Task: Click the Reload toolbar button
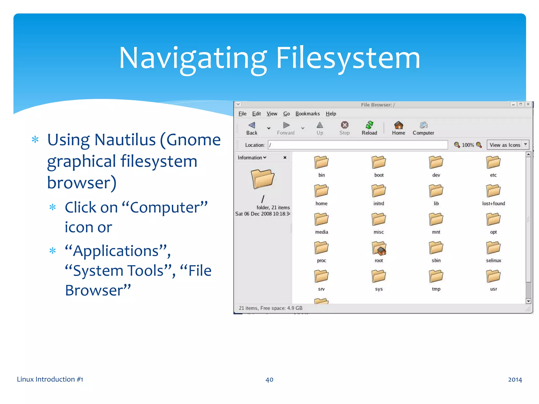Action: pos(369,128)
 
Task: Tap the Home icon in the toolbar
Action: pos(398,128)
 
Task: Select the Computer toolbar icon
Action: pos(423,128)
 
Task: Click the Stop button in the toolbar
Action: pos(345,128)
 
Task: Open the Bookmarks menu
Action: pos(307,114)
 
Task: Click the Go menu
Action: pos(286,114)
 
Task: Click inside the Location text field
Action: pos(358,145)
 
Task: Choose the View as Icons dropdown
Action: pos(508,145)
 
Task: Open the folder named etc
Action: pos(493,163)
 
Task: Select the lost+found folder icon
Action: pos(493,191)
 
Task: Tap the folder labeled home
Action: pos(321,191)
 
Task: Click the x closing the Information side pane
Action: pos(285,158)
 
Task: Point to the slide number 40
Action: pos(269,380)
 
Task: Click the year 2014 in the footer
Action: pos(515,380)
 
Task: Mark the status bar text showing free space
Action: pos(271,308)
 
